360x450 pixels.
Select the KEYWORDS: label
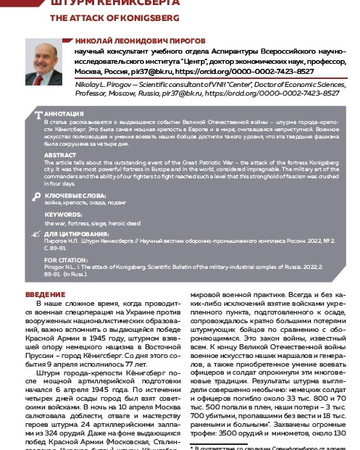pyautogui.click(x=62, y=215)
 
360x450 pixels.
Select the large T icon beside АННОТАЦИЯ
pyautogui.click(x=39, y=114)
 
